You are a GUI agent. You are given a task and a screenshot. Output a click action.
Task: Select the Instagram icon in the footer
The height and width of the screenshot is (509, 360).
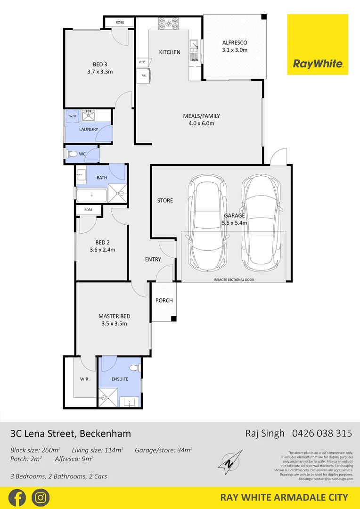point(41,498)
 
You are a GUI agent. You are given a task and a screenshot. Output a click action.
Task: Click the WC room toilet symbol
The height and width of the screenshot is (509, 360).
point(73,154)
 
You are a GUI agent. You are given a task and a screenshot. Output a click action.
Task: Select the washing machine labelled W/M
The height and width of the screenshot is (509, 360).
point(73,116)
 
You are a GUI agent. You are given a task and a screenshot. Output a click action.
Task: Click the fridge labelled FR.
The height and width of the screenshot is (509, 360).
point(142,75)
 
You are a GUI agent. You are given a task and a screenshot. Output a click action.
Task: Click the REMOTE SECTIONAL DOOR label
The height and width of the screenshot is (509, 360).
point(234,279)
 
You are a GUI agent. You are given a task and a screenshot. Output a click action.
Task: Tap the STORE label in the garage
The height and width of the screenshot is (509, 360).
point(165,201)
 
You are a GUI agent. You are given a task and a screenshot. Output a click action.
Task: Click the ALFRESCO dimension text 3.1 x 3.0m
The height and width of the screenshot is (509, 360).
point(234,50)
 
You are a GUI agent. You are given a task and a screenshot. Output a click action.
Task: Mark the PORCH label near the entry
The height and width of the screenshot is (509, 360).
point(164,300)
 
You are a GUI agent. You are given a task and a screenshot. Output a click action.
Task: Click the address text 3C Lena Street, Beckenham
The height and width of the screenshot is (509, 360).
point(71,433)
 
